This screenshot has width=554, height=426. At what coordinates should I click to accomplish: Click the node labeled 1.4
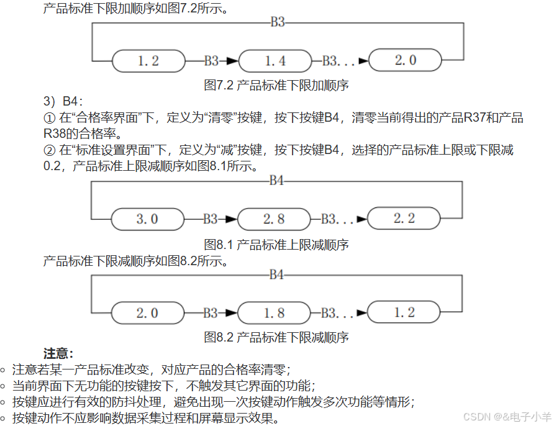click(275, 61)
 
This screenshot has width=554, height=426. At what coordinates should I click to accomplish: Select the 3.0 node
click(147, 219)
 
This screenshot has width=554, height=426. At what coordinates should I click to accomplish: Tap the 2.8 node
click(274, 219)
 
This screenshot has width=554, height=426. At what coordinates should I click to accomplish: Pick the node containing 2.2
click(404, 219)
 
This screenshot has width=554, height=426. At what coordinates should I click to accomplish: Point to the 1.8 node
click(274, 313)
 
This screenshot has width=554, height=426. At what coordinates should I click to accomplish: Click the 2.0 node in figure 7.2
click(405, 60)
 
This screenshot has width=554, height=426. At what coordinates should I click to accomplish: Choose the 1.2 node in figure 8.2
click(404, 312)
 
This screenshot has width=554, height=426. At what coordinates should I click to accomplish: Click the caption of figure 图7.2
click(276, 86)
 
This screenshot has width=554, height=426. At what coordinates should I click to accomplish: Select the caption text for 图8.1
click(276, 244)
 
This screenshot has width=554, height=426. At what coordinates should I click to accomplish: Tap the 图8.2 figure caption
click(276, 337)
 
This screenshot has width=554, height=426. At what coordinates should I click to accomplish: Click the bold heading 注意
click(59, 353)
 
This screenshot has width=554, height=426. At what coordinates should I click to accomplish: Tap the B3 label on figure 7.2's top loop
click(278, 22)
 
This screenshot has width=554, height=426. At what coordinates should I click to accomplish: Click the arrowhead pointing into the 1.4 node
click(232, 61)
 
